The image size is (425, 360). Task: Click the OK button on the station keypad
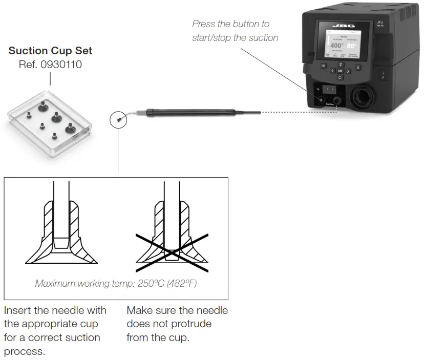(340, 71)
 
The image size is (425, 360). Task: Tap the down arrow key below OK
(340, 78)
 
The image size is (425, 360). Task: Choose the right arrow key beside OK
(348, 71)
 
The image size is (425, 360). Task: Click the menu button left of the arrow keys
(324, 66)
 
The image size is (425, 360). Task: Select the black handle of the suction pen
(189, 111)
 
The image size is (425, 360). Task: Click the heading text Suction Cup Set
(50, 51)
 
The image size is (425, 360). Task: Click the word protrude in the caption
(190, 324)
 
